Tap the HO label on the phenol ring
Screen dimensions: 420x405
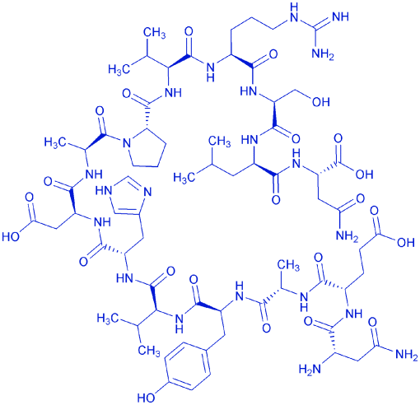[146, 397]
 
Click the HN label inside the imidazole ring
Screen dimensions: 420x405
[104, 190]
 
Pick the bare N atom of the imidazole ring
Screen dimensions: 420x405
[147, 192]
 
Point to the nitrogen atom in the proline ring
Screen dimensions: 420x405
[127, 143]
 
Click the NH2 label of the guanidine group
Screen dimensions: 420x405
[323, 54]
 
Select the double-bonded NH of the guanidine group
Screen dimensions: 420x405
[340, 16]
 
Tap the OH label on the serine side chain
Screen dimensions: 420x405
[320, 102]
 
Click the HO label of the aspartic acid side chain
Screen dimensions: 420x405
[11, 236]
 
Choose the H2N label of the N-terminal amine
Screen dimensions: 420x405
[310, 369]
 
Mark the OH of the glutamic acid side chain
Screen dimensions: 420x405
[405, 242]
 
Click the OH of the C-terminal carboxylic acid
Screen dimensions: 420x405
[364, 174]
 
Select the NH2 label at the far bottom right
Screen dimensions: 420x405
[407, 355]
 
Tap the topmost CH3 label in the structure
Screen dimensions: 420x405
[155, 33]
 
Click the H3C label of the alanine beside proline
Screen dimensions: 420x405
[55, 142]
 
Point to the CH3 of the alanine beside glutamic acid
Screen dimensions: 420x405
[288, 266]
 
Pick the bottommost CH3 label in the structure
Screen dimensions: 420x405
[149, 351]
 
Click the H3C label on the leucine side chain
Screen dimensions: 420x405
[184, 177]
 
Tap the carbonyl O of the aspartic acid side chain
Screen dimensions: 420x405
[29, 198]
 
